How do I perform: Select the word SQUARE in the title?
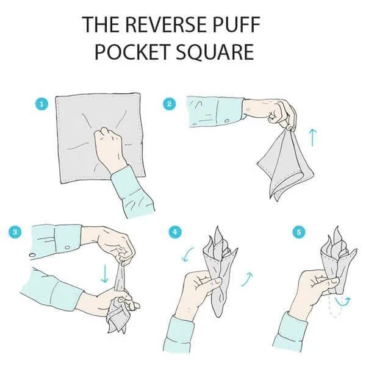click(x=215, y=52)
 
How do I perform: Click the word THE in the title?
click(x=102, y=24)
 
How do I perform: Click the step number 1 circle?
click(x=42, y=104)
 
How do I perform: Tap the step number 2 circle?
click(x=170, y=104)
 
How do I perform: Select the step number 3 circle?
click(x=15, y=232)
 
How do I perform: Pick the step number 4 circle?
click(x=175, y=232)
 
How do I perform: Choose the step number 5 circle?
click(x=299, y=232)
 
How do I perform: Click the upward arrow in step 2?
click(x=312, y=138)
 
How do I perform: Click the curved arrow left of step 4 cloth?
click(x=187, y=254)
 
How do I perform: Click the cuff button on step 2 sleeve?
click(x=227, y=121)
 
